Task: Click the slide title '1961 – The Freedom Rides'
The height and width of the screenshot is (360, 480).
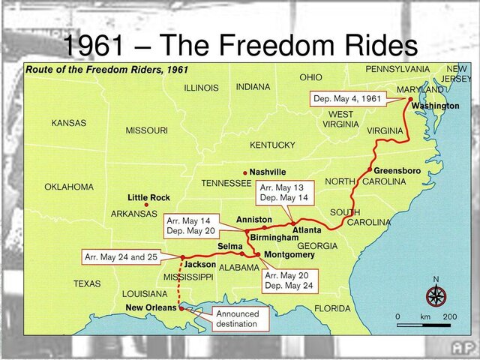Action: click(239, 45)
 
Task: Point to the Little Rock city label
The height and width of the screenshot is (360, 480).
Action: click(148, 198)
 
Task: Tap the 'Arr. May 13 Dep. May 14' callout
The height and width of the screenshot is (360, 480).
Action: click(283, 193)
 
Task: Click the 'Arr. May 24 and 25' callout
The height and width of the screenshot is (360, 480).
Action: click(121, 257)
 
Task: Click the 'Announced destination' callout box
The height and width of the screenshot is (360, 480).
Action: click(237, 319)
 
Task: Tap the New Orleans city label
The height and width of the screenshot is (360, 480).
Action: click(151, 307)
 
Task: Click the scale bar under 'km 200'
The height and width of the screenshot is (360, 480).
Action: click(423, 325)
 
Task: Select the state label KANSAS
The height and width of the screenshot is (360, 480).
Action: click(69, 123)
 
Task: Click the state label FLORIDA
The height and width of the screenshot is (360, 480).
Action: click(332, 308)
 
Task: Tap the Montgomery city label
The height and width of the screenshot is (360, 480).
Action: click(289, 254)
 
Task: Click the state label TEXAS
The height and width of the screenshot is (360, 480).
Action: click(87, 284)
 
